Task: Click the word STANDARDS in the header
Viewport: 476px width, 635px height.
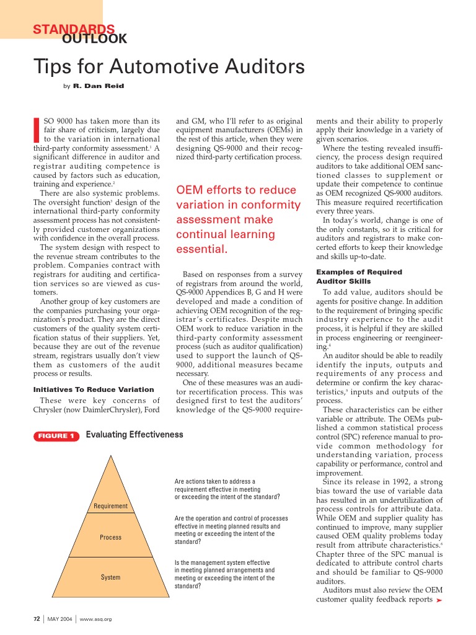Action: pos(73,29)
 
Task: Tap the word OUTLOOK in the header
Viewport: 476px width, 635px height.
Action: pos(95,39)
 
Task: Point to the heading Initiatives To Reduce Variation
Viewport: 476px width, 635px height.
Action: pos(93,389)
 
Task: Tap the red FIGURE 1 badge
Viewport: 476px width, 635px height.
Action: pos(56,436)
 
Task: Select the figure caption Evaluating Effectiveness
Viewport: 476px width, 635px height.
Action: pos(134,435)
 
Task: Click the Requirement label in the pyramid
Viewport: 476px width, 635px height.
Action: pos(110,506)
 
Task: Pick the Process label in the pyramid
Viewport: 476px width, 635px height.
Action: pos(110,537)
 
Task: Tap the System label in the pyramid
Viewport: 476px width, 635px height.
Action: pos(110,577)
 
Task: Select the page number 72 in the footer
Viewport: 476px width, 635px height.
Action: pos(37,619)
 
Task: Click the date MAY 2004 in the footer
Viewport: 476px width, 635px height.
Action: pos(61,619)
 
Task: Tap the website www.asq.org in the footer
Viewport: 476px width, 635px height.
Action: pos(95,619)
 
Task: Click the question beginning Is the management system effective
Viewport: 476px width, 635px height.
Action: pos(224,574)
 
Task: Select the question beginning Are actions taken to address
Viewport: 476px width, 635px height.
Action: pos(227,489)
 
